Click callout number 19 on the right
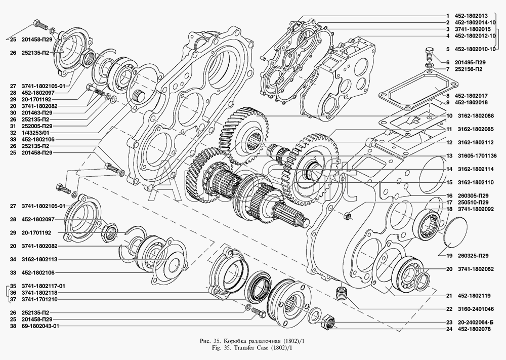coord(448,255)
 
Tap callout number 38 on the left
coord(13,327)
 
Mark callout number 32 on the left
coord(13,132)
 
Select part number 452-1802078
coord(475,330)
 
